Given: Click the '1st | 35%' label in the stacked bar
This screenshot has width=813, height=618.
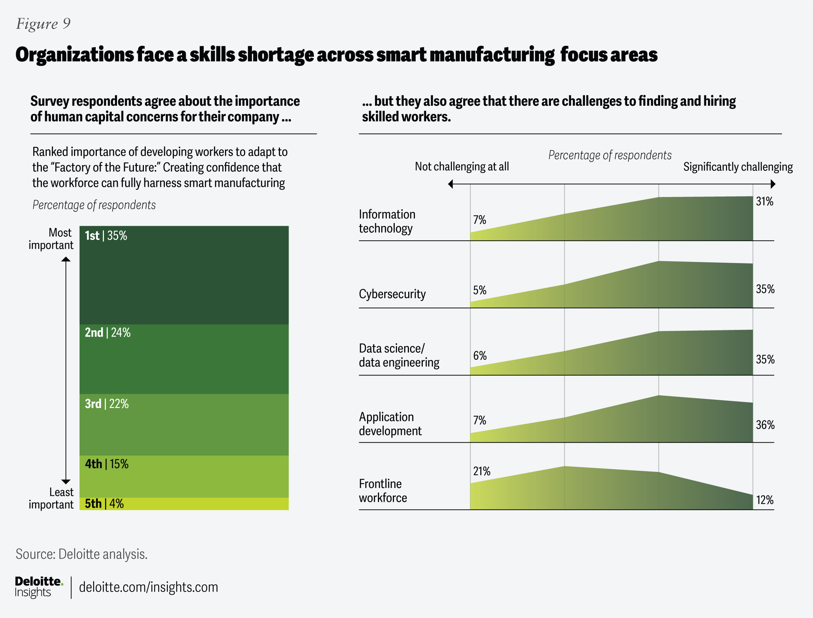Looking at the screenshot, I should coord(106,236).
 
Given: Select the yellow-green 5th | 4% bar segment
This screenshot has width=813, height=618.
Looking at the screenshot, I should coord(184,504).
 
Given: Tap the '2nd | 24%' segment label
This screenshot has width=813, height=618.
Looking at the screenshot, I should coord(108,333).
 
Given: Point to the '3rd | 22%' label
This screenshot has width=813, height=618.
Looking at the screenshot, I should coord(107,404).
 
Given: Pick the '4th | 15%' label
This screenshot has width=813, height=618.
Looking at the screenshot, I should coord(107,464).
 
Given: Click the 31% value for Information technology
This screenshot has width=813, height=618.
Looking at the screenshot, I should coord(764,202).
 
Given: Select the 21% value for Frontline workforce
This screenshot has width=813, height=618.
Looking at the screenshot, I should coord(481,471).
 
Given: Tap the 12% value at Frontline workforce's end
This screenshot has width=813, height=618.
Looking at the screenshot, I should coord(764,500).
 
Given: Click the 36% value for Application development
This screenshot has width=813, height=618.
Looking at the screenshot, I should coord(765,425).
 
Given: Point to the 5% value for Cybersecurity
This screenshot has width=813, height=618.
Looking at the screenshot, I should coord(480,290).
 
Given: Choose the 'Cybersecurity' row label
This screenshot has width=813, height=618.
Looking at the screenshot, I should coord(392,294).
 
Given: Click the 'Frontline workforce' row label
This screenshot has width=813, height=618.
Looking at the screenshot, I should coord(383,491).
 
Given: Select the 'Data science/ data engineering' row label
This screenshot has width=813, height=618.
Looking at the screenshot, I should coord(399,355).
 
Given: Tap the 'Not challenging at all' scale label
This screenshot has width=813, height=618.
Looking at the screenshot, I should coord(462,167).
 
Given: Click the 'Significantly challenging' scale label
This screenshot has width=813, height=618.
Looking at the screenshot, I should coord(737,167).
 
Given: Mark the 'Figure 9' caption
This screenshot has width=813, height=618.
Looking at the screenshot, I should coord(43,24).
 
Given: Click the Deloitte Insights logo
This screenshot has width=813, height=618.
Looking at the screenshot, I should coord(39,587).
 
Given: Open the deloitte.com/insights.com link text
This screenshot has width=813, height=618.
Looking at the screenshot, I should coord(148,587).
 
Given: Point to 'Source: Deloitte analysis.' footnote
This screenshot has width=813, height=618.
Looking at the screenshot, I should coord(81,554).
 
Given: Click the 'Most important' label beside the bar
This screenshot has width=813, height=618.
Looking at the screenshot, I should coord(51,239).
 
